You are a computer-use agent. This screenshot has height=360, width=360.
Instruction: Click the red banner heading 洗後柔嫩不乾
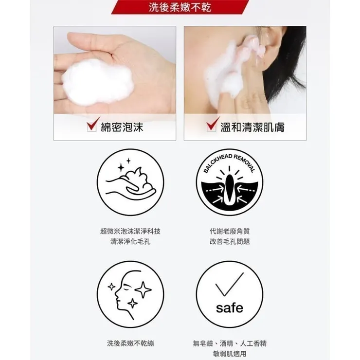tap(180, 7)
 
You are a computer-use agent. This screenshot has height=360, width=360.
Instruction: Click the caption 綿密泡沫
tap(122, 127)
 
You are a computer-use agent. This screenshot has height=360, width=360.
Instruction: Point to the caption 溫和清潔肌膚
tap(252, 127)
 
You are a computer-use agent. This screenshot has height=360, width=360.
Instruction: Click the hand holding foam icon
tap(130, 182)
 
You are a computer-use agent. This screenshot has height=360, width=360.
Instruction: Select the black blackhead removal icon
tap(229, 182)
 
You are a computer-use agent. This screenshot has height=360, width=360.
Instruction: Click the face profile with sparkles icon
tap(130, 294)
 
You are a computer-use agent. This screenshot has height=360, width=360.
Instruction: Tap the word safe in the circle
tap(229, 308)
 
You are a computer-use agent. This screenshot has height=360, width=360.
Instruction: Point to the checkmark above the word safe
tap(229, 285)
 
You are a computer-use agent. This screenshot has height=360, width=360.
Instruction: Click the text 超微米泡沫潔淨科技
tap(130, 231)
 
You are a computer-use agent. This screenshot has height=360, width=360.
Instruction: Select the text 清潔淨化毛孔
tap(130, 241)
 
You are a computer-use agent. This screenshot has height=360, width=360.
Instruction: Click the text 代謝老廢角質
tap(229, 231)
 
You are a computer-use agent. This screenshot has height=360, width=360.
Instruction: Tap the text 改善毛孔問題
tap(229, 241)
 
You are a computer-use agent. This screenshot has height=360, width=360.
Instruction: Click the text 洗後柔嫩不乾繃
tap(130, 343)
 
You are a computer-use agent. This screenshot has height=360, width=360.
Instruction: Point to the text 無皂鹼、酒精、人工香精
tap(229, 343)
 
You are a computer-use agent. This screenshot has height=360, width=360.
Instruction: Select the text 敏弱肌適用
tap(229, 354)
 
